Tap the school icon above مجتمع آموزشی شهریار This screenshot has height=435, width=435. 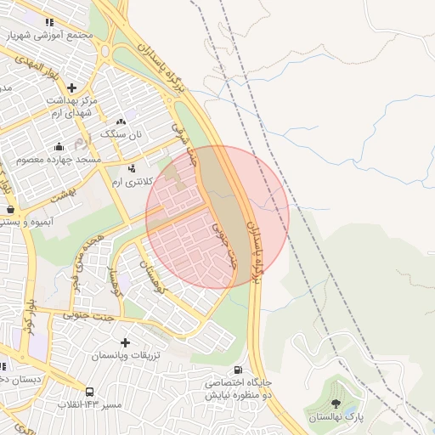49,23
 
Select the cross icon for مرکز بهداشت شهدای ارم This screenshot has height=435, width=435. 72,87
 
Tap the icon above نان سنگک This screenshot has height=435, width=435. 121,122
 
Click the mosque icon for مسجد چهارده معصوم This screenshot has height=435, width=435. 58,145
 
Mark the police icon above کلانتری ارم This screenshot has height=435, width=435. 132,168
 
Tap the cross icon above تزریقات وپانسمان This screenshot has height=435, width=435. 126,342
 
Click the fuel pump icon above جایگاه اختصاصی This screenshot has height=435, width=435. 237,370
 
